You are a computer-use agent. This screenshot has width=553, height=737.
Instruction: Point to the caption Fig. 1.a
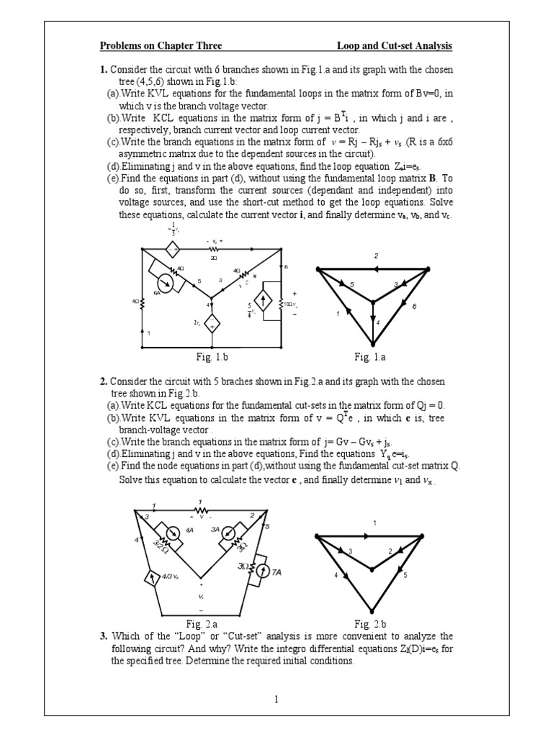coord(372,356)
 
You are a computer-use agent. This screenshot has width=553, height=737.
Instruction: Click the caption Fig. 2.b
coord(372,623)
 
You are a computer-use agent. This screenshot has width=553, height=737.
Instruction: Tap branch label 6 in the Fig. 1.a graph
coord(414,306)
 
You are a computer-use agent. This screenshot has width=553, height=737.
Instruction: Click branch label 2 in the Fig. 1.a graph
coord(375,256)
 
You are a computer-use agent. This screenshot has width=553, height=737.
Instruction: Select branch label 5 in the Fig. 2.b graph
coord(405,575)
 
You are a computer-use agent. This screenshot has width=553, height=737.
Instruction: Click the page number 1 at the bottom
coord(276,697)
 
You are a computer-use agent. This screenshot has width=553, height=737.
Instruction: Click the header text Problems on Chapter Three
coord(161,47)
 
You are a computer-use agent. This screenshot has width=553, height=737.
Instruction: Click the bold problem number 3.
coord(104,636)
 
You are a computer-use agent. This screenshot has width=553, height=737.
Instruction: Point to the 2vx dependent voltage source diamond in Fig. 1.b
coord(212,325)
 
